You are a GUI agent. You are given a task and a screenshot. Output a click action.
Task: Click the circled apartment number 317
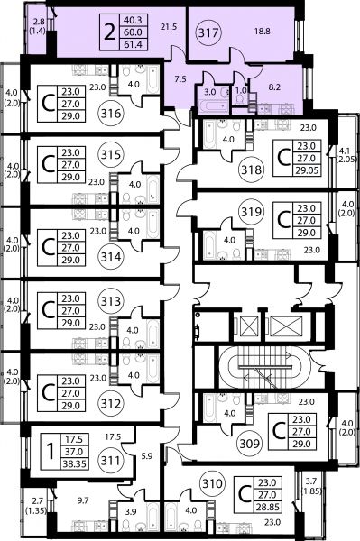coord(208,32)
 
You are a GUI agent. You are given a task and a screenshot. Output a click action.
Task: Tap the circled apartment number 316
coord(111,114)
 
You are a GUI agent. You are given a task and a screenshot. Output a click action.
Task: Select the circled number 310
coord(212,483)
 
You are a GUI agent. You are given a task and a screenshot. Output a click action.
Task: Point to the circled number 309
coord(250,443)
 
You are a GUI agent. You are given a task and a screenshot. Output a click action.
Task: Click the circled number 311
coord(111,461)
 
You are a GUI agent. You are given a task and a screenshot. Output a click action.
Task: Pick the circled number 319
coord(251,212)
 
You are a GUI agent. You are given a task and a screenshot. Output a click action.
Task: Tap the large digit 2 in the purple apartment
coord(109,32)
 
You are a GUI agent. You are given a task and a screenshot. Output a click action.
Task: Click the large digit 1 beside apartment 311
coord(51,452)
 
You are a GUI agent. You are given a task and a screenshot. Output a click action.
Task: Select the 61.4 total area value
coord(134,44)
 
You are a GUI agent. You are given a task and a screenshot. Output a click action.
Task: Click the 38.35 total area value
coord(74,464)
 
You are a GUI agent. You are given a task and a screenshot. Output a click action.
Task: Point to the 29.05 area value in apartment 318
coord(307,170)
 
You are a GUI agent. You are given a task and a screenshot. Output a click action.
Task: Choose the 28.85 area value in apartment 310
coord(267,507)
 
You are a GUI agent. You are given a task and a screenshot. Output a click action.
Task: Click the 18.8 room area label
coord(263,32)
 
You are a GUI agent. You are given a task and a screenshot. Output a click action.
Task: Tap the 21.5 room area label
coord(169,26)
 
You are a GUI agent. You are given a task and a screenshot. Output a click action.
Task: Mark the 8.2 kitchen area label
coord(273,87)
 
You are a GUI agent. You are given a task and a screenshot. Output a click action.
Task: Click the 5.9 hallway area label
coord(147,456)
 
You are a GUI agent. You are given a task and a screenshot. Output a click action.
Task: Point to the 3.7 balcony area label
coord(313,482)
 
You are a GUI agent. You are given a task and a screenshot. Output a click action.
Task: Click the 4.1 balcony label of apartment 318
coord(346,151)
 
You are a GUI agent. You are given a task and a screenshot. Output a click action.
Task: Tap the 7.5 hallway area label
coord(180,79)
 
